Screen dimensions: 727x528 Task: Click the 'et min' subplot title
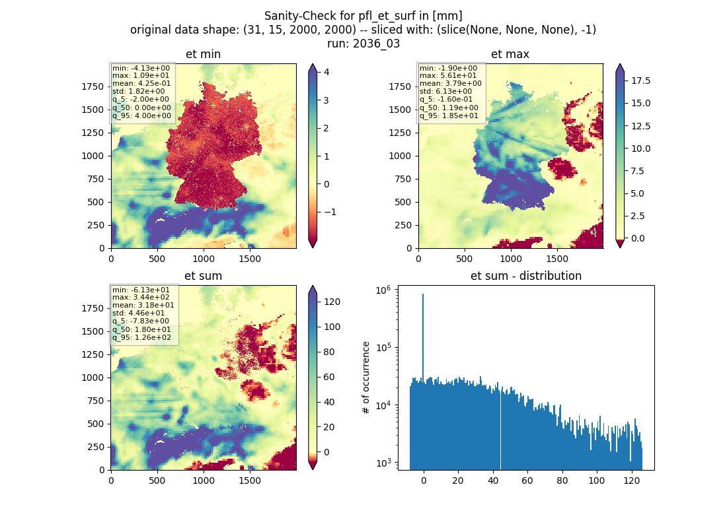tap(203, 54)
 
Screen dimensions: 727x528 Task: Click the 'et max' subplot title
tap(510, 54)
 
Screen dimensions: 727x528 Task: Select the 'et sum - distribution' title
tap(526, 276)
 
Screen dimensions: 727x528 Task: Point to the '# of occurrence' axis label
tap(366, 378)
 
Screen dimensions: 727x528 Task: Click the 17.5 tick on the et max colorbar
tap(641, 81)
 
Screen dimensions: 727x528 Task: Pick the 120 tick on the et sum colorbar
tap(332, 302)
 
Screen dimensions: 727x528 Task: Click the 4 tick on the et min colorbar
tap(326, 72)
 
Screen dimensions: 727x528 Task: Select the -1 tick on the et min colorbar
tap(330, 212)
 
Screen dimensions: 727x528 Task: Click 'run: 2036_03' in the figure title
tap(363, 44)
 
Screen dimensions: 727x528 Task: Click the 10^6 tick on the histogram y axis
tap(383, 290)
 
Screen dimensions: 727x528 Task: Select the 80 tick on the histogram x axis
tap(562, 480)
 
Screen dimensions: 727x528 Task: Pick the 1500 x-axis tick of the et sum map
tap(249, 480)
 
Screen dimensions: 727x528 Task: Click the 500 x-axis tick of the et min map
tap(157, 259)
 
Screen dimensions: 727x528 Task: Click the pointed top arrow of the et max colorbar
tap(620, 67)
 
